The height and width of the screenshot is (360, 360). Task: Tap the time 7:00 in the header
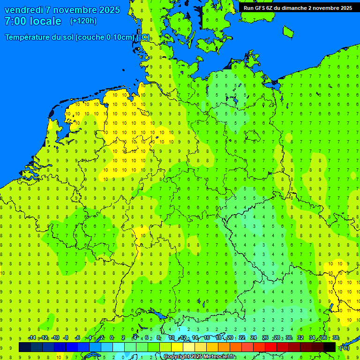pos(15,21)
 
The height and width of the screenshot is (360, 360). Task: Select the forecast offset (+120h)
pos(83,21)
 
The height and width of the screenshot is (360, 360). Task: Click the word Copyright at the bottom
pos(176,357)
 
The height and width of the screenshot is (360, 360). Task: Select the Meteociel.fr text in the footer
pos(220,357)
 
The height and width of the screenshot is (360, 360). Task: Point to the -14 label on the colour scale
pos(32,338)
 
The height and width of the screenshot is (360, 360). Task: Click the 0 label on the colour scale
pos(112,338)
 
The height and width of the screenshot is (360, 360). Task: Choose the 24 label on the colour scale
pos(254,338)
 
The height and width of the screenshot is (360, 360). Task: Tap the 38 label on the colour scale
pos(336,338)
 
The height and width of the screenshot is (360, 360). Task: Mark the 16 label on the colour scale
pos(207,338)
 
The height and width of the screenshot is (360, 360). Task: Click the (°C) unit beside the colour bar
pos(344,348)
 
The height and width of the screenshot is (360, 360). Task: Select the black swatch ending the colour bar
pos(330,347)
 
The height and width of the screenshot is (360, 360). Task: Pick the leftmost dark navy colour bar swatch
pos(24,347)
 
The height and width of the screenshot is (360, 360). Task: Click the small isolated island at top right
pos(288,31)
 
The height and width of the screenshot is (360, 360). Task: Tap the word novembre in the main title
pos(78,10)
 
